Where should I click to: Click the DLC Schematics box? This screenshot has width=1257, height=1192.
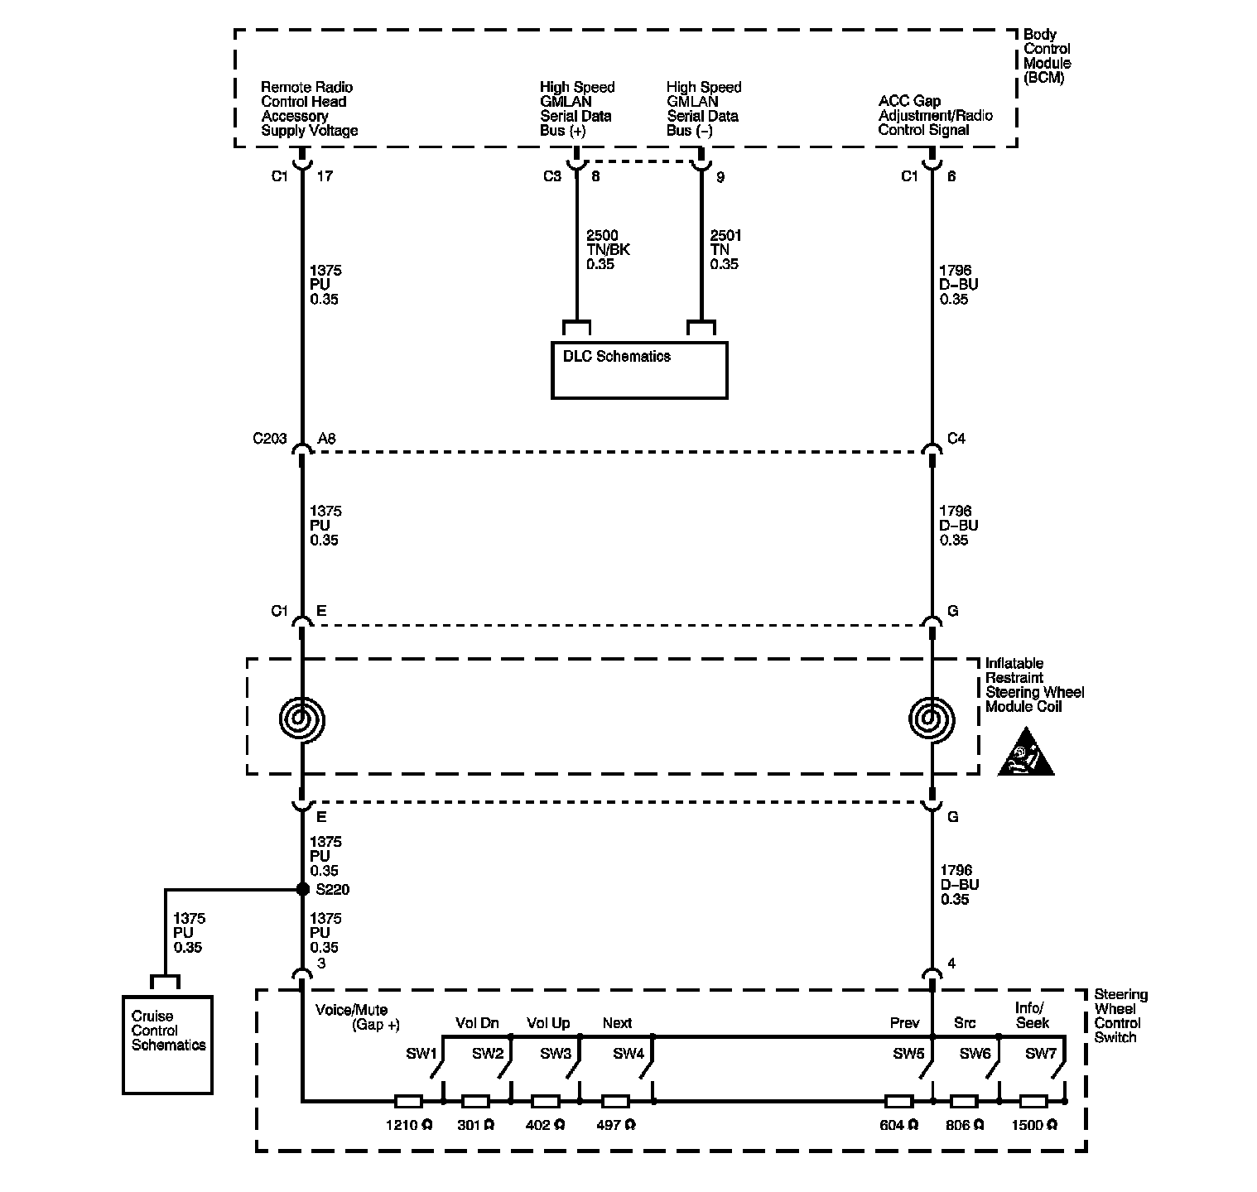pyautogui.click(x=638, y=370)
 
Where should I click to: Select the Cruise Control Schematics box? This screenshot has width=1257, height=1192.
pyautogui.click(x=167, y=1044)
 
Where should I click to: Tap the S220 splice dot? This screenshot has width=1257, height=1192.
pyautogui.click(x=302, y=889)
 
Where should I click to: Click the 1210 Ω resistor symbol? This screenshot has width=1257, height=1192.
pyautogui.click(x=408, y=1102)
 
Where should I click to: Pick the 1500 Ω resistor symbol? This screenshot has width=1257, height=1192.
pyautogui.click(x=1033, y=1102)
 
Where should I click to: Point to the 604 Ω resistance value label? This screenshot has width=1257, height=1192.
pyautogui.click(x=899, y=1125)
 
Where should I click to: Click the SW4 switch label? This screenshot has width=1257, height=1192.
pyautogui.click(x=628, y=1054)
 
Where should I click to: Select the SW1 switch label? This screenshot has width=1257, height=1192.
pyautogui.click(x=421, y=1054)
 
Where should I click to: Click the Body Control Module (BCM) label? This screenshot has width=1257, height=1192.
pyautogui.click(x=1047, y=56)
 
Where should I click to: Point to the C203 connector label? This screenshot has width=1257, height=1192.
pyautogui.click(x=269, y=439)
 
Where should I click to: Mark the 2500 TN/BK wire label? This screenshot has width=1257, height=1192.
pyautogui.click(x=608, y=250)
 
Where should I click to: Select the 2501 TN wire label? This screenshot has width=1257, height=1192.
pyautogui.click(x=725, y=250)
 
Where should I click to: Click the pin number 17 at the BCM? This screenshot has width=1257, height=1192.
pyautogui.click(x=325, y=176)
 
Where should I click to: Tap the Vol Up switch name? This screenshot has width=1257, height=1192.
pyautogui.click(x=548, y=1023)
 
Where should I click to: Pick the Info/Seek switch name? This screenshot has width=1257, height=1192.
pyautogui.click(x=1032, y=1015)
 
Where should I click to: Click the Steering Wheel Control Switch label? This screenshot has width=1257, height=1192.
pyautogui.click(x=1121, y=1016)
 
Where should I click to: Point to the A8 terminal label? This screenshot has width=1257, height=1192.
pyautogui.click(x=327, y=439)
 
